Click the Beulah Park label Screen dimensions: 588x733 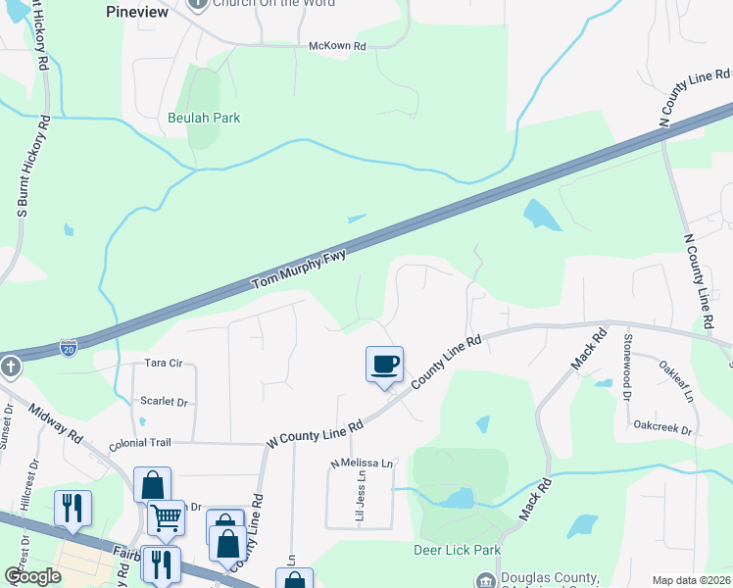click(x=204, y=118)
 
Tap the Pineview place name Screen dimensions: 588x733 click(x=137, y=12)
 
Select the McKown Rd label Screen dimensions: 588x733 click(x=337, y=46)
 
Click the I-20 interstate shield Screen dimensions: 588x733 click(x=68, y=347)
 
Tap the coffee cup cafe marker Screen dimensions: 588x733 click(x=385, y=365)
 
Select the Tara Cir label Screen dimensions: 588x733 click(x=165, y=363)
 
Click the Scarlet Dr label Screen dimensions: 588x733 click(x=164, y=402)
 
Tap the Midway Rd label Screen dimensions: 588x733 click(x=55, y=423)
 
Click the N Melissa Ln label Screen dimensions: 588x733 click(x=362, y=463)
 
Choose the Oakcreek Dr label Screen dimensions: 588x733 click(x=662, y=429)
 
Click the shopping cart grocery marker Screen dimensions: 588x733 click(x=166, y=516)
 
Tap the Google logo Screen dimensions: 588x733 click(x=32, y=576)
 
